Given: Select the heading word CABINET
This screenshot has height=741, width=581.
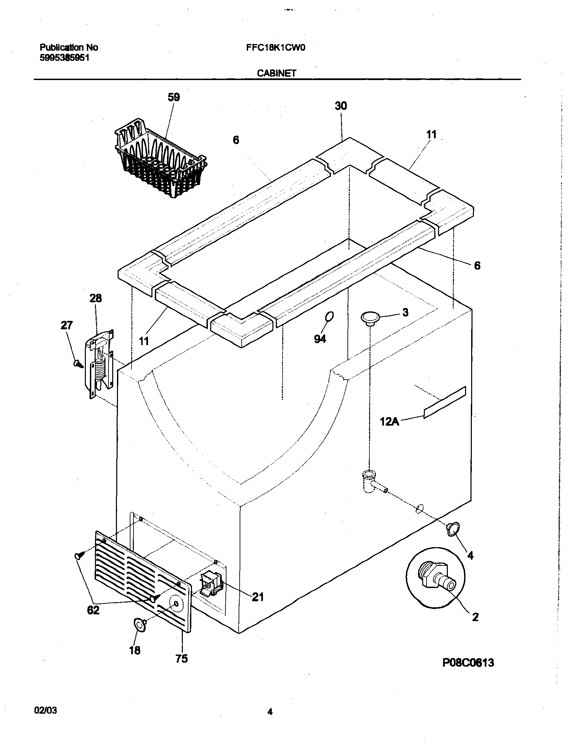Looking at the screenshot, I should point(276,73).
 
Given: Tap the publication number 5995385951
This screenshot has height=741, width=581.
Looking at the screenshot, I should point(65,58).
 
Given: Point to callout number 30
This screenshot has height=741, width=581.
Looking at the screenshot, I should point(341,106).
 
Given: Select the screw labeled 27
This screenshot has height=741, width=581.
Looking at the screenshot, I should point(78,364).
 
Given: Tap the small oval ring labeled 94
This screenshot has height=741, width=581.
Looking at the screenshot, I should point(329,316).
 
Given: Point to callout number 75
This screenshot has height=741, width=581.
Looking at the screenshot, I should point(181,659).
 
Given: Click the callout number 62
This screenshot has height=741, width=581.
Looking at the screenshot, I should point(93,610).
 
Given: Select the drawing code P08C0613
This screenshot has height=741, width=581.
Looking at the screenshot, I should point(468,663).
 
